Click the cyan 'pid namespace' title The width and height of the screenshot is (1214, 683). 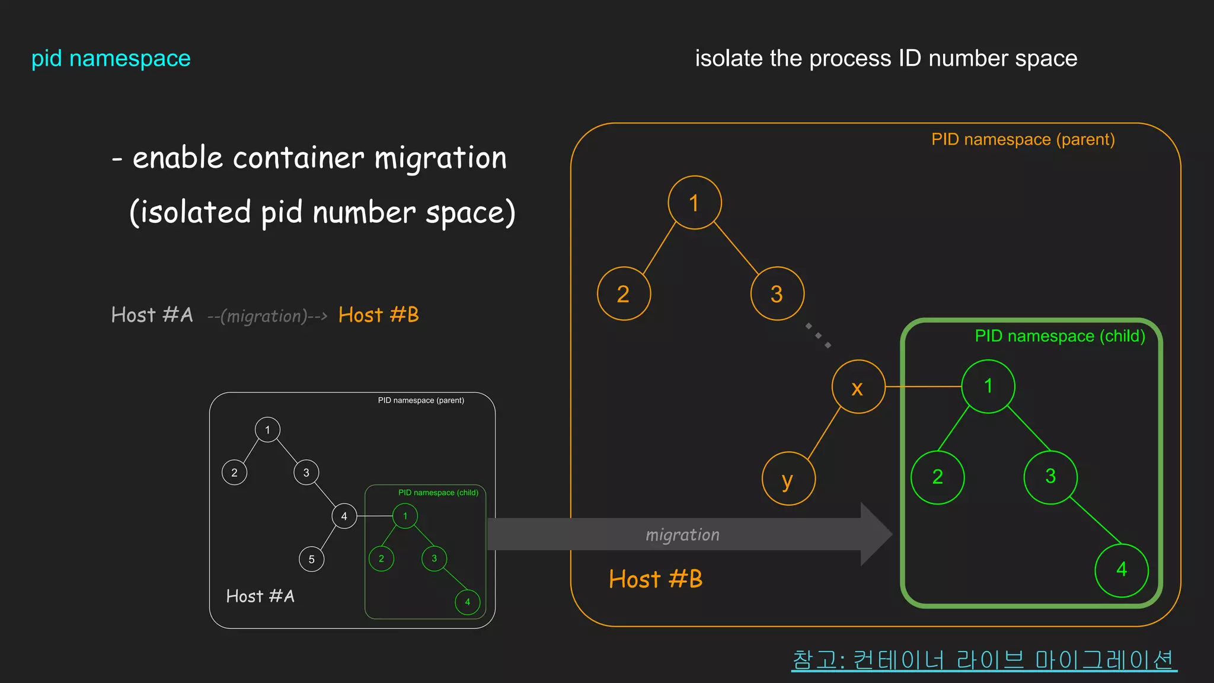coord(111,59)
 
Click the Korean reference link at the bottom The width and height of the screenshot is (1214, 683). coord(983,659)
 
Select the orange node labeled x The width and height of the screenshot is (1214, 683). coord(858,387)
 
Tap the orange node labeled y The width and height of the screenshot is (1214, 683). coord(788,478)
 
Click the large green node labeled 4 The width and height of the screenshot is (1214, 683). coord(1122,570)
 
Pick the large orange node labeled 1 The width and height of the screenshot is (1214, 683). coord(695,203)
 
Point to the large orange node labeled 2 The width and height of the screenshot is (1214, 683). coord(624,293)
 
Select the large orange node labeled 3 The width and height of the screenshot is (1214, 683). coord(777,293)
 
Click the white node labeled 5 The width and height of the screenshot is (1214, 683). coord(312,559)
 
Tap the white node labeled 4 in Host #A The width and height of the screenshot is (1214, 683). coord(344,516)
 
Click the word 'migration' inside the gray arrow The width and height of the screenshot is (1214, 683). coord(682,535)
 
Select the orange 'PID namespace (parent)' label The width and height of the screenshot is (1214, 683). coord(1023,139)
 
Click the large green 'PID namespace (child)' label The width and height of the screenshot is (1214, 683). coord(1059,336)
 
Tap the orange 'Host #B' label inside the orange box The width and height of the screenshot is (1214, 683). coord(656,579)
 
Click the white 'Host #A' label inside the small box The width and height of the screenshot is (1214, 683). coord(260,596)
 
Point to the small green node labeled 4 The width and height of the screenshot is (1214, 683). coord(468,602)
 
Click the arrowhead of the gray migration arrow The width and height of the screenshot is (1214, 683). coord(876,534)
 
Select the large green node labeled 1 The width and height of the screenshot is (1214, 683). coord(988,386)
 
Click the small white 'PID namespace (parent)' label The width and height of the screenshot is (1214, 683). coord(421,400)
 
